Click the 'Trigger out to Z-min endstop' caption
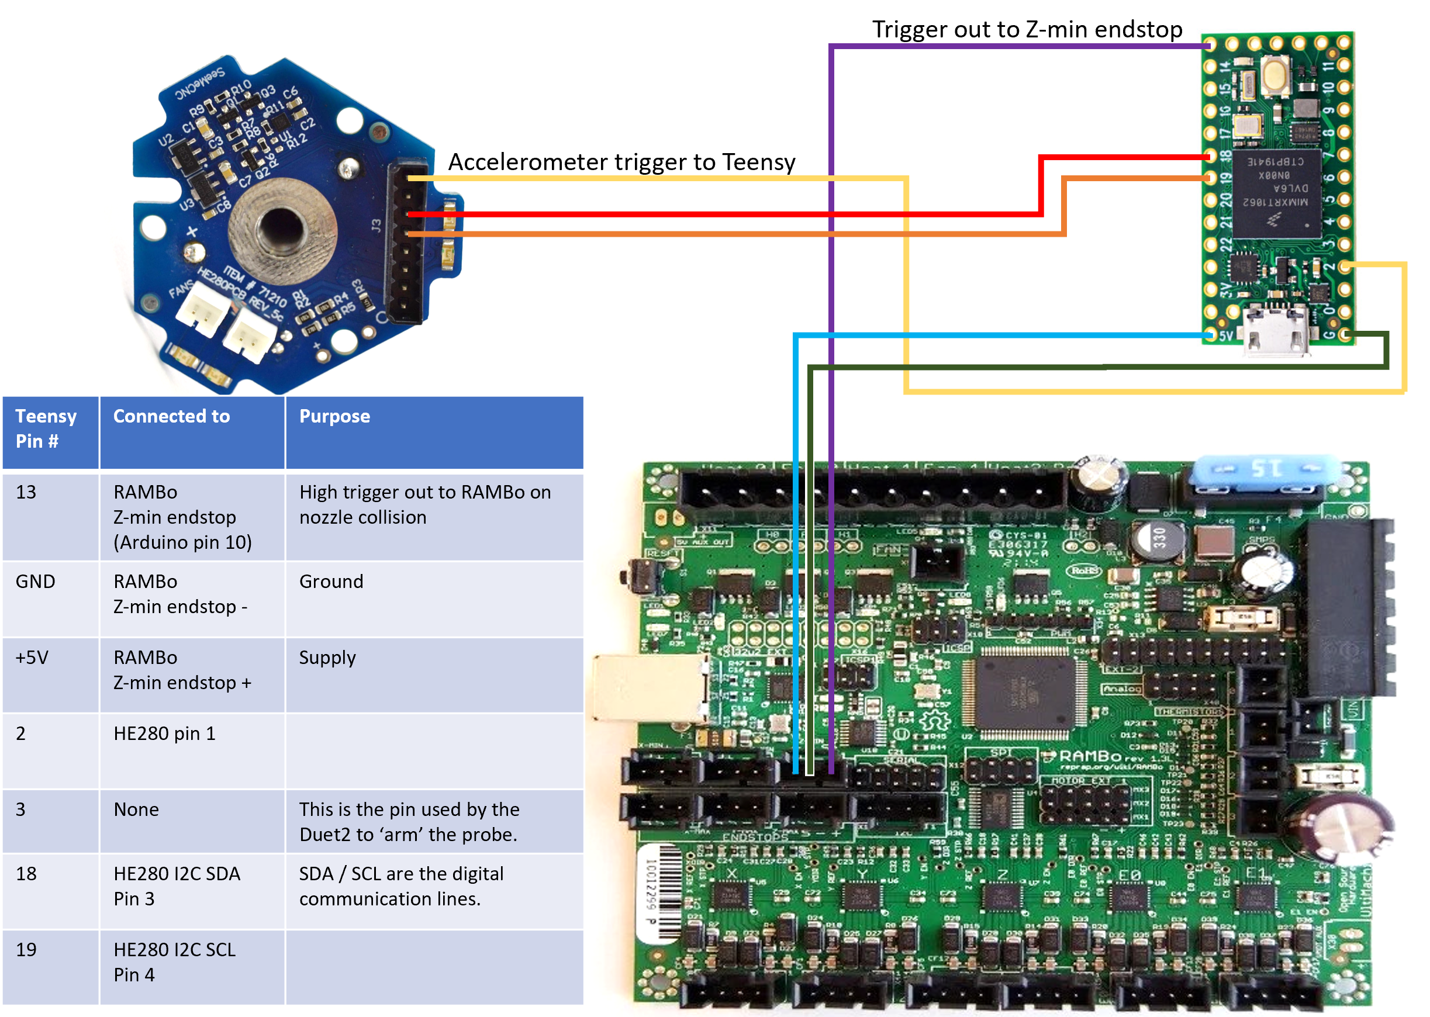click(1027, 29)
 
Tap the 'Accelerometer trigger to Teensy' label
click(621, 162)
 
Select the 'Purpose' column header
click(334, 416)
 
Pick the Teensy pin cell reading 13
click(26, 492)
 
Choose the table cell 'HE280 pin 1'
click(164, 734)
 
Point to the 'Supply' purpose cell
click(327, 658)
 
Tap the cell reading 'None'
click(136, 810)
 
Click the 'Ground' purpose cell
click(331, 582)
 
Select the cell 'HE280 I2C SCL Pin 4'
click(174, 962)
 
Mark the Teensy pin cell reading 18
click(26, 874)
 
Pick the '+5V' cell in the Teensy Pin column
click(32, 658)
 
